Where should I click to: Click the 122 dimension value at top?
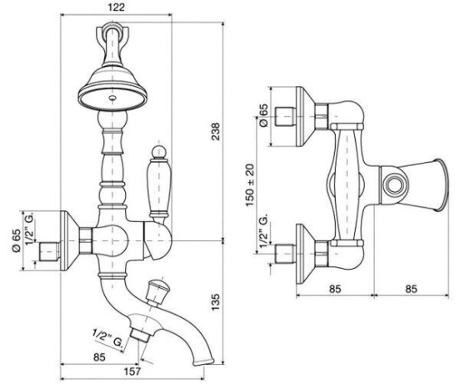(x=116, y=7)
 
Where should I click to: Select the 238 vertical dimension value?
(x=216, y=131)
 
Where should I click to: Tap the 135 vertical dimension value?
(x=216, y=301)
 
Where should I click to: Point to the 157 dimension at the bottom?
(x=132, y=371)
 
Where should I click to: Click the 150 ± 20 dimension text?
(x=250, y=184)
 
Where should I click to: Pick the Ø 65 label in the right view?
(x=263, y=115)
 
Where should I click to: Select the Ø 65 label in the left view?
(x=16, y=240)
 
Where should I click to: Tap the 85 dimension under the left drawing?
(x=99, y=357)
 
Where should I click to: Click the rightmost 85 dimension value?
(x=411, y=289)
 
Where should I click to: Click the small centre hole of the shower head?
(x=112, y=97)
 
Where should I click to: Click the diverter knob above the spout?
(x=156, y=291)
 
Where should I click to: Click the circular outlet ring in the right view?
(x=394, y=185)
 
